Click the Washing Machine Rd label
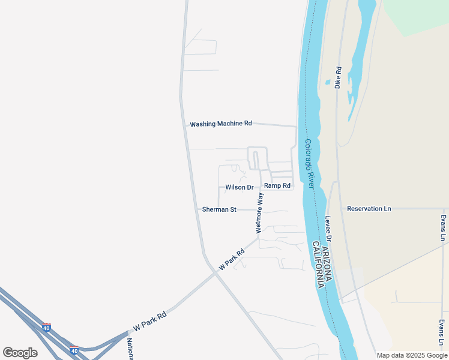point(221,124)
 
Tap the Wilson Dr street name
point(240,187)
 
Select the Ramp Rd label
point(277,186)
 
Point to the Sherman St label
point(219,209)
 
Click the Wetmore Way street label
point(259,213)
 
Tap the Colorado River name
point(309,164)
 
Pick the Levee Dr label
point(328,229)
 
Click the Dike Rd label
point(339,78)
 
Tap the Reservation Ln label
point(369,209)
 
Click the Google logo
point(20,353)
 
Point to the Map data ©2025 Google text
point(412,355)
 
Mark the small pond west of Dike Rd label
point(327,82)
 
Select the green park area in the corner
point(420,15)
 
